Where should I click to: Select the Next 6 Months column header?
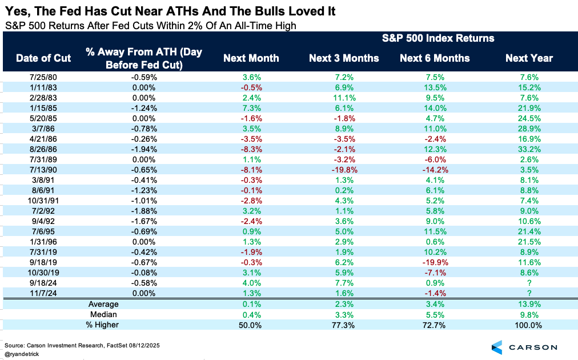click(435, 58)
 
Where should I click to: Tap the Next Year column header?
click(529, 58)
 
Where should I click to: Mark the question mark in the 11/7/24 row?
click(529, 292)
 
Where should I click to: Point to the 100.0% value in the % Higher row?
click(529, 325)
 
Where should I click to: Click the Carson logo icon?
click(496, 347)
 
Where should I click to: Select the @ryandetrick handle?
click(22, 354)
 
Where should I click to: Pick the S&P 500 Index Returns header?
click(437, 38)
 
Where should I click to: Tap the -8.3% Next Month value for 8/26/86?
click(251, 149)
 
